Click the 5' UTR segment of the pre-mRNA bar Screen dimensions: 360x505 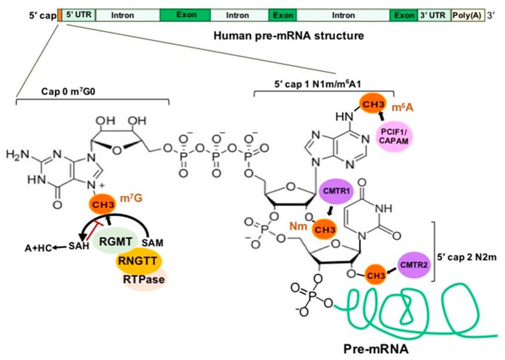[x=78, y=16]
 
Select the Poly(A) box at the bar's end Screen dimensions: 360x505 [x=468, y=16]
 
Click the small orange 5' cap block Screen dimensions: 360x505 [x=59, y=16]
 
